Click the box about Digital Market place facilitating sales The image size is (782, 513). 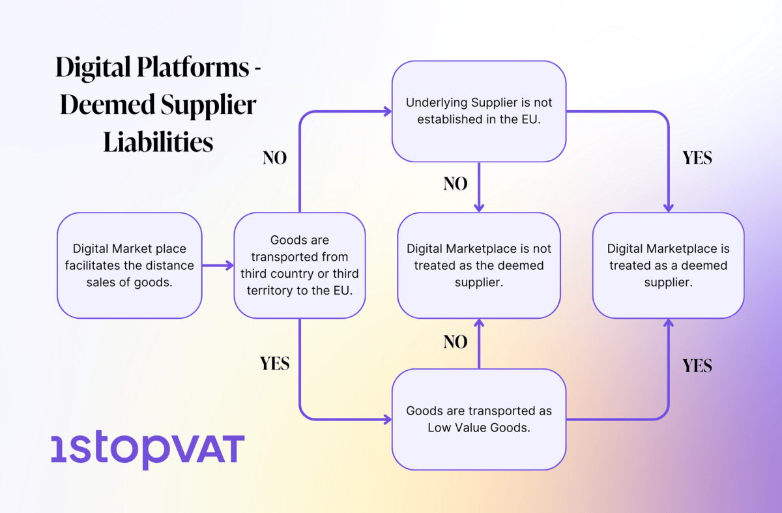pos(129,265)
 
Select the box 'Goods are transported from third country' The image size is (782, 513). pos(299,265)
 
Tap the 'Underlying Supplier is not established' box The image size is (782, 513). pos(478,111)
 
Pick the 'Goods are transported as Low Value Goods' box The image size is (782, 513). pos(478,419)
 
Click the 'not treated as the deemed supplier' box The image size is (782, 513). pos(478,265)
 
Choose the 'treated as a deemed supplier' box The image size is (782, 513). pos(668,265)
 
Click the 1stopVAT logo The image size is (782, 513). pos(147,448)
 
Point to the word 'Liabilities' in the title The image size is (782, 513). pos(158,141)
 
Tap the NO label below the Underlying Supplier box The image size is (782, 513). pos(456,184)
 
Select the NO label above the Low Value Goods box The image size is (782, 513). pos(456,342)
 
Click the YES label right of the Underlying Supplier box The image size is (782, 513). pos(697,158)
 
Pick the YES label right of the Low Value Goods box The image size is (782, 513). pos(697,366)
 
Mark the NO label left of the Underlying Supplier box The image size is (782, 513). pos(274,158)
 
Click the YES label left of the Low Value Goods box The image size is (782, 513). pos(274,363)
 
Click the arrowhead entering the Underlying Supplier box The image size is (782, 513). pos(387,111)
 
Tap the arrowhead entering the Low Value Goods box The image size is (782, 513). pos(387,418)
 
